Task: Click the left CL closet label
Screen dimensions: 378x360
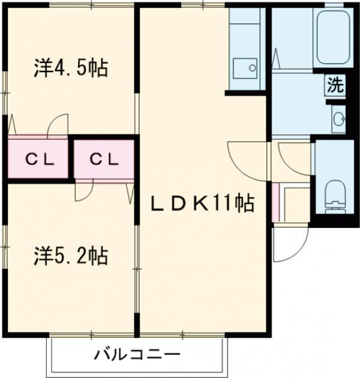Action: [40, 160]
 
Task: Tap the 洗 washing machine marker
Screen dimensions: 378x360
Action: [335, 85]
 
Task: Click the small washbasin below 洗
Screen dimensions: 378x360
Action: [337, 118]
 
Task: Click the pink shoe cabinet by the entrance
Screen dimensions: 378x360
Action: [276, 203]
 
